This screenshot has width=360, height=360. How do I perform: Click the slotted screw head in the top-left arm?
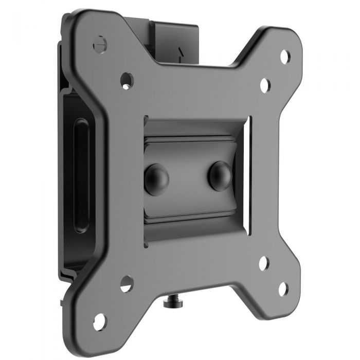99,43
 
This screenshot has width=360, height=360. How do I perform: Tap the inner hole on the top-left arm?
127,80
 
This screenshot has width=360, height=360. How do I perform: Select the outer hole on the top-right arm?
284,56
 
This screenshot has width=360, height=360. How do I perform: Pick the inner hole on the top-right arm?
265,85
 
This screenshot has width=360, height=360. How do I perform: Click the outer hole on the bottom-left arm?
99,321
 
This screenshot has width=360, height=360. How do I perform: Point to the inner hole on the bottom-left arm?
127,283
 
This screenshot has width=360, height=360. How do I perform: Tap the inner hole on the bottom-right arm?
264,263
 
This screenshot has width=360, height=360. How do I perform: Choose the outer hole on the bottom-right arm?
283,289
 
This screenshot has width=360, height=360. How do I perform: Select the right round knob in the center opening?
220,175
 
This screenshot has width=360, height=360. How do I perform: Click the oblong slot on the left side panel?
81,175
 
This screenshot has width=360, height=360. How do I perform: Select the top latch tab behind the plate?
175,39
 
